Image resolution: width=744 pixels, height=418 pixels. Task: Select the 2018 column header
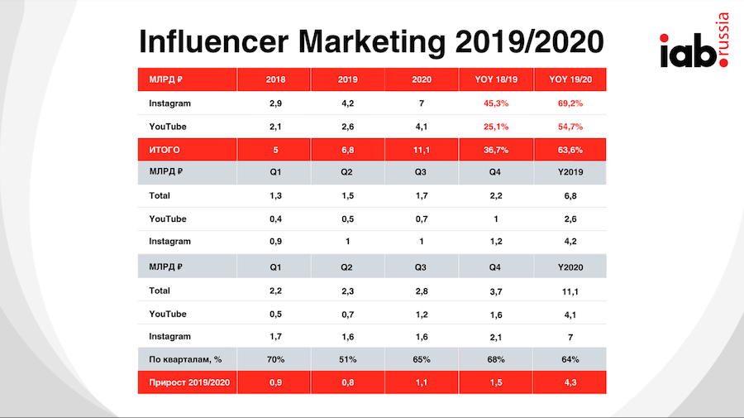coord(276,79)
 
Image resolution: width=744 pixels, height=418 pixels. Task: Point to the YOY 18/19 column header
coord(495,79)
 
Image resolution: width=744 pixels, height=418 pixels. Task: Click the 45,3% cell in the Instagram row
coord(495,103)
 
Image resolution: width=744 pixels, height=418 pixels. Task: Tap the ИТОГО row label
coord(165,150)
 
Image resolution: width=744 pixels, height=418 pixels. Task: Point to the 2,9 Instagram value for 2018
coord(276,103)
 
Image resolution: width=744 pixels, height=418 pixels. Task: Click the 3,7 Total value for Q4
coord(495,291)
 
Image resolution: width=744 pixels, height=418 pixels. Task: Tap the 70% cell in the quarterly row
coord(276,359)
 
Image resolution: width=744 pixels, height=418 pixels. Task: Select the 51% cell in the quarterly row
coord(348,359)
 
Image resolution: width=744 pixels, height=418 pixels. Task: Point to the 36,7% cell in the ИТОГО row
coord(495,150)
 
